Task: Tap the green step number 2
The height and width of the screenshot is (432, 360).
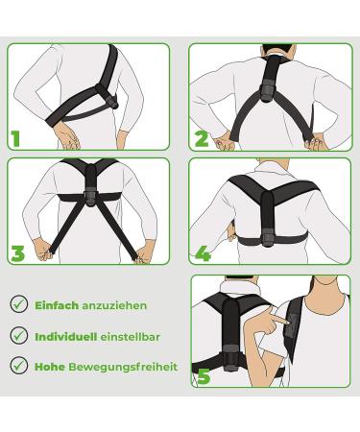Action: point(202,137)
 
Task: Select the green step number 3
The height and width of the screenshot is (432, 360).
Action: point(17,254)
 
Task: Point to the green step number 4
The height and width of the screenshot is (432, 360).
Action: point(203,254)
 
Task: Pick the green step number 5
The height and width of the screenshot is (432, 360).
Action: point(203,375)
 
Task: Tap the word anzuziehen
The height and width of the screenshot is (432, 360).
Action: point(114,305)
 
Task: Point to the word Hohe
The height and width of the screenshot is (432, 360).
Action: point(49,366)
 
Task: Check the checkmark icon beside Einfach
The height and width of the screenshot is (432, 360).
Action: point(18,304)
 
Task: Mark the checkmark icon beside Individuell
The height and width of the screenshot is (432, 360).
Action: point(18,335)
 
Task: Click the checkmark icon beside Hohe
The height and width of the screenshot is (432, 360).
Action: point(18,365)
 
